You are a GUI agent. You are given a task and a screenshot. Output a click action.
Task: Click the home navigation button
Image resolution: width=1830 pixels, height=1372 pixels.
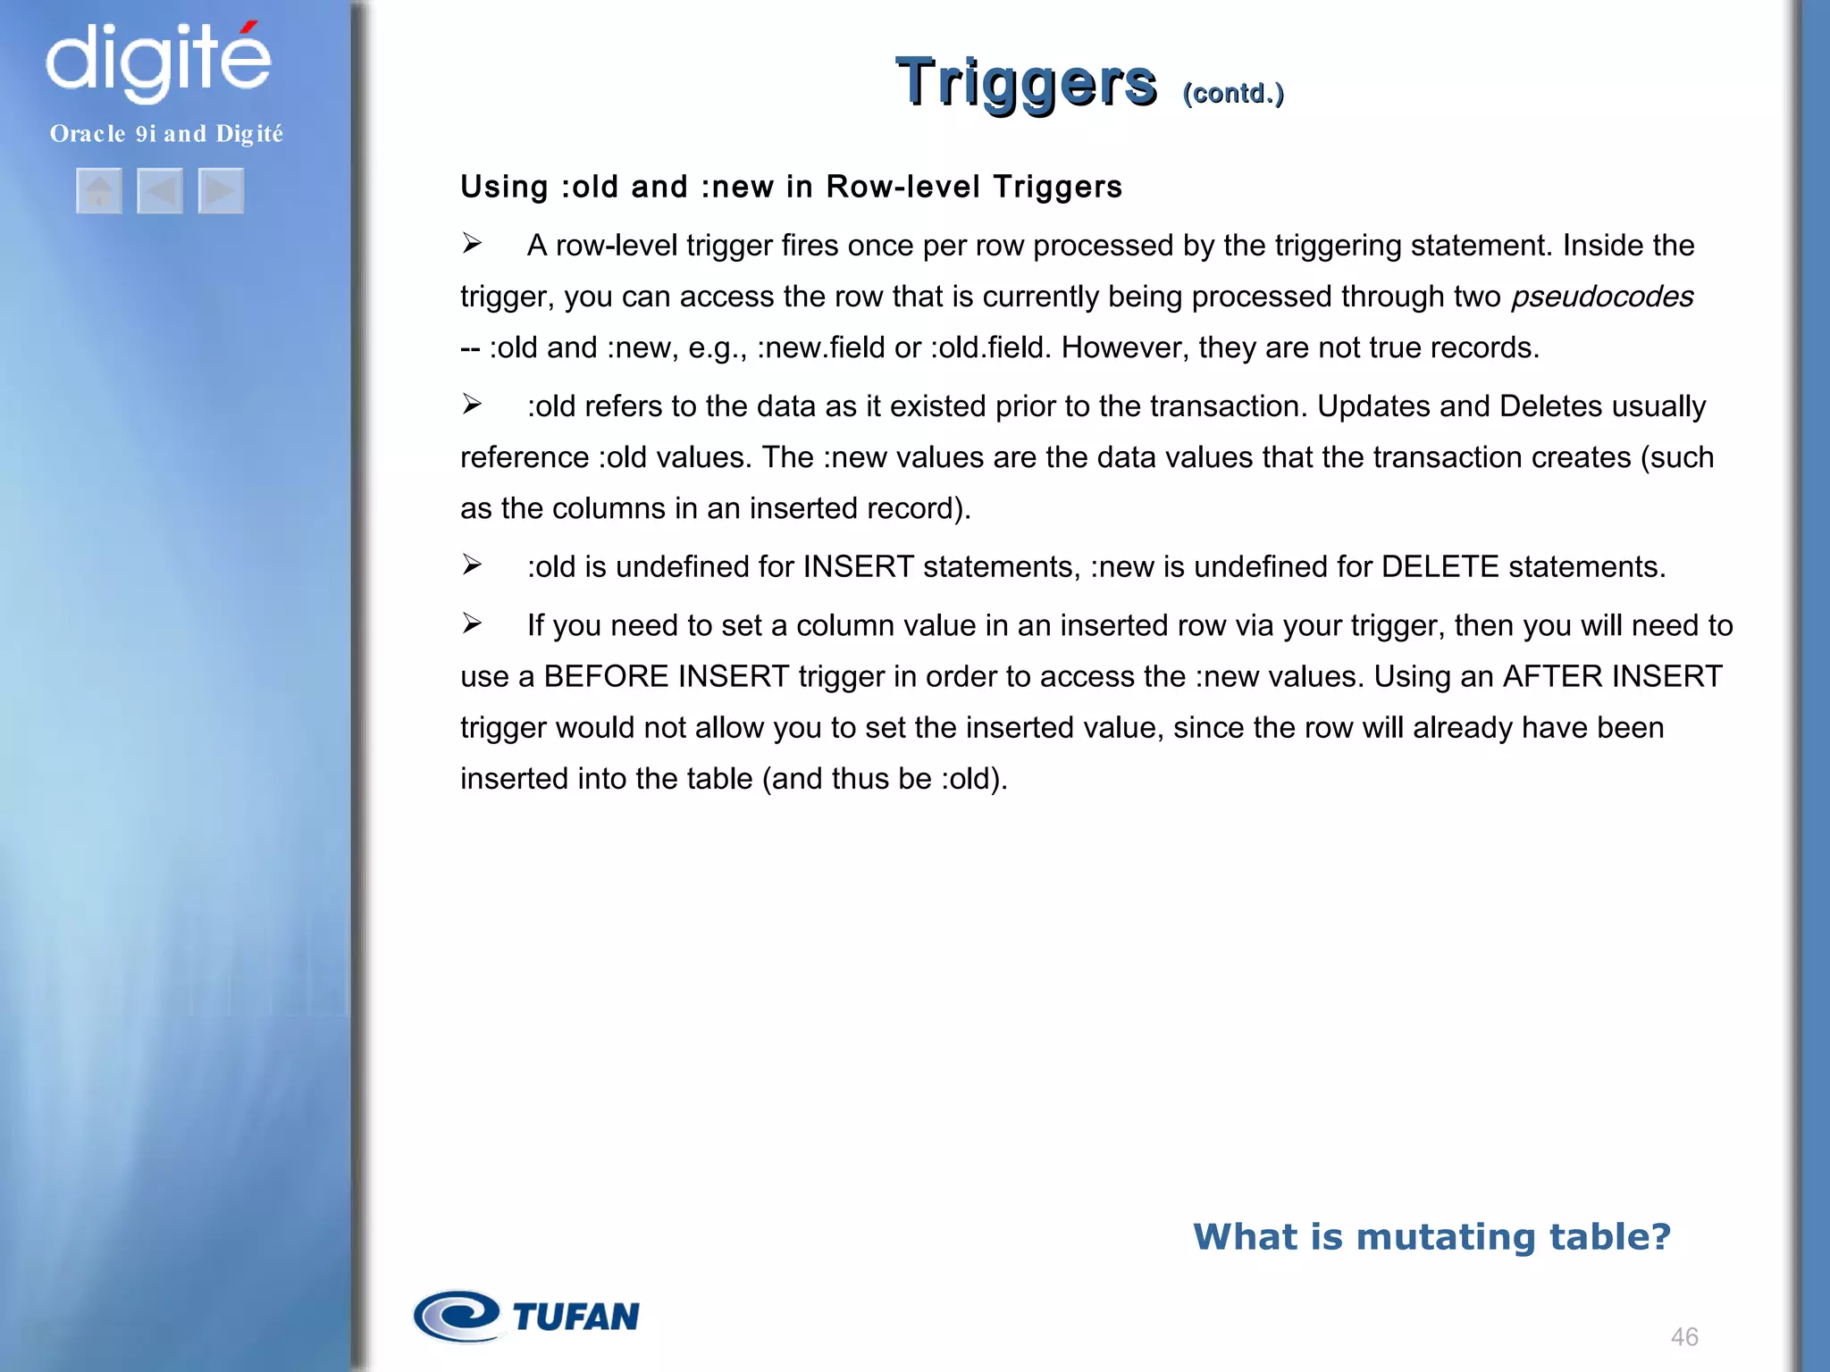[x=99, y=190]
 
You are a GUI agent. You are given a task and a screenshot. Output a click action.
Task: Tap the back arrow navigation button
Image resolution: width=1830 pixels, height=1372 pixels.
[x=160, y=190]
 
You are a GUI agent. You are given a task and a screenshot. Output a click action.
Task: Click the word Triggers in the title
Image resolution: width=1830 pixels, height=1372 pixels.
[x=1026, y=83]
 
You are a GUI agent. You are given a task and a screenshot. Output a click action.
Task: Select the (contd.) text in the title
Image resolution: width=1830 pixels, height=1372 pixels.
[x=1233, y=93]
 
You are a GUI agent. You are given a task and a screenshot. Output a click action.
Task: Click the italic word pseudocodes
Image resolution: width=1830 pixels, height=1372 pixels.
[x=1602, y=297]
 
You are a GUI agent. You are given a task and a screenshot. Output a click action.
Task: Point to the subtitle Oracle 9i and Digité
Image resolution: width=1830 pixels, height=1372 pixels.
[x=166, y=134]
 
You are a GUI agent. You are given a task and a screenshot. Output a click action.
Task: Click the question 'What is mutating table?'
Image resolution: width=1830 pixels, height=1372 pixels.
[x=1431, y=1236]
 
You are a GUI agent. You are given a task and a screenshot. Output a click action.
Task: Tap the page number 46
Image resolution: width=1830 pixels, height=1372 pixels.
[x=1684, y=1336]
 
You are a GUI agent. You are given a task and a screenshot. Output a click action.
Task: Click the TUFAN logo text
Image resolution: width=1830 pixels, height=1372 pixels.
[x=576, y=1317]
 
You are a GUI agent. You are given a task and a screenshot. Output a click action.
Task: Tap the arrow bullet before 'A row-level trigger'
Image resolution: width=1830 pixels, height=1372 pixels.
[x=472, y=244]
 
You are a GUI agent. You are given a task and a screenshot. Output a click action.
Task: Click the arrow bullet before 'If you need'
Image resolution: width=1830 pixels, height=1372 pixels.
[x=472, y=623]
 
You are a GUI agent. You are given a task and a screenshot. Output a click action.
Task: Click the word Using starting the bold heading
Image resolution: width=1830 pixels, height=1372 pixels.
[x=504, y=187]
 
